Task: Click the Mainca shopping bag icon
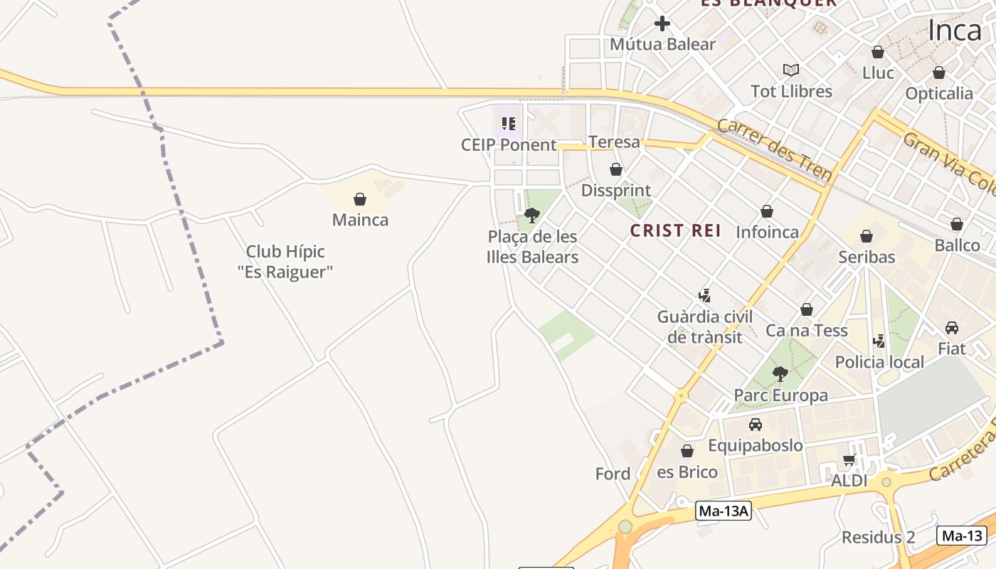(x=360, y=199)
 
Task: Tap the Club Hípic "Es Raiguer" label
(x=285, y=261)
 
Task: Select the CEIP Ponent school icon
(x=508, y=124)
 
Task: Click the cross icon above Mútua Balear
(x=662, y=23)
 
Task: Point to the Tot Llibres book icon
(x=791, y=70)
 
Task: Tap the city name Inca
(x=955, y=31)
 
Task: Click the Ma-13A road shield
(x=723, y=511)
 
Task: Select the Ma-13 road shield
(x=962, y=536)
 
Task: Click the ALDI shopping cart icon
(x=849, y=459)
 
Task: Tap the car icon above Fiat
(x=952, y=328)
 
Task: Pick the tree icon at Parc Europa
(x=780, y=373)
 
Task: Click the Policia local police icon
(x=879, y=341)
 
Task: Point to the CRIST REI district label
(x=676, y=230)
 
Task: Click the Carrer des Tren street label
(x=774, y=150)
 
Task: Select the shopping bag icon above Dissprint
(x=616, y=169)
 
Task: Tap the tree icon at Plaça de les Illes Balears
(x=531, y=215)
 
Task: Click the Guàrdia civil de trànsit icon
(x=704, y=295)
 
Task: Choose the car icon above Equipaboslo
(x=756, y=425)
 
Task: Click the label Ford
(x=613, y=474)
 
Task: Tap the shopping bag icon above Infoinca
(x=767, y=211)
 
